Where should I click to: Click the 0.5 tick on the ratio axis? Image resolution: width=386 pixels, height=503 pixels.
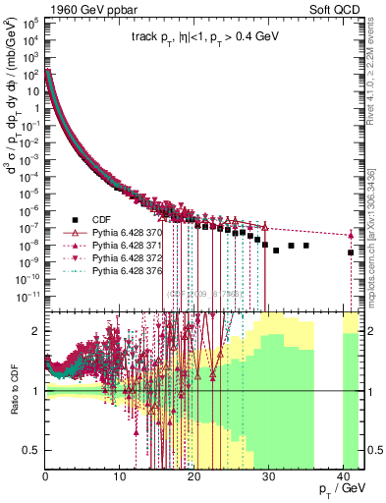pyautogui.click(x=33, y=450)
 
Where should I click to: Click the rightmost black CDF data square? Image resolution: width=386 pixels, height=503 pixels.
pyautogui.click(x=351, y=252)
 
